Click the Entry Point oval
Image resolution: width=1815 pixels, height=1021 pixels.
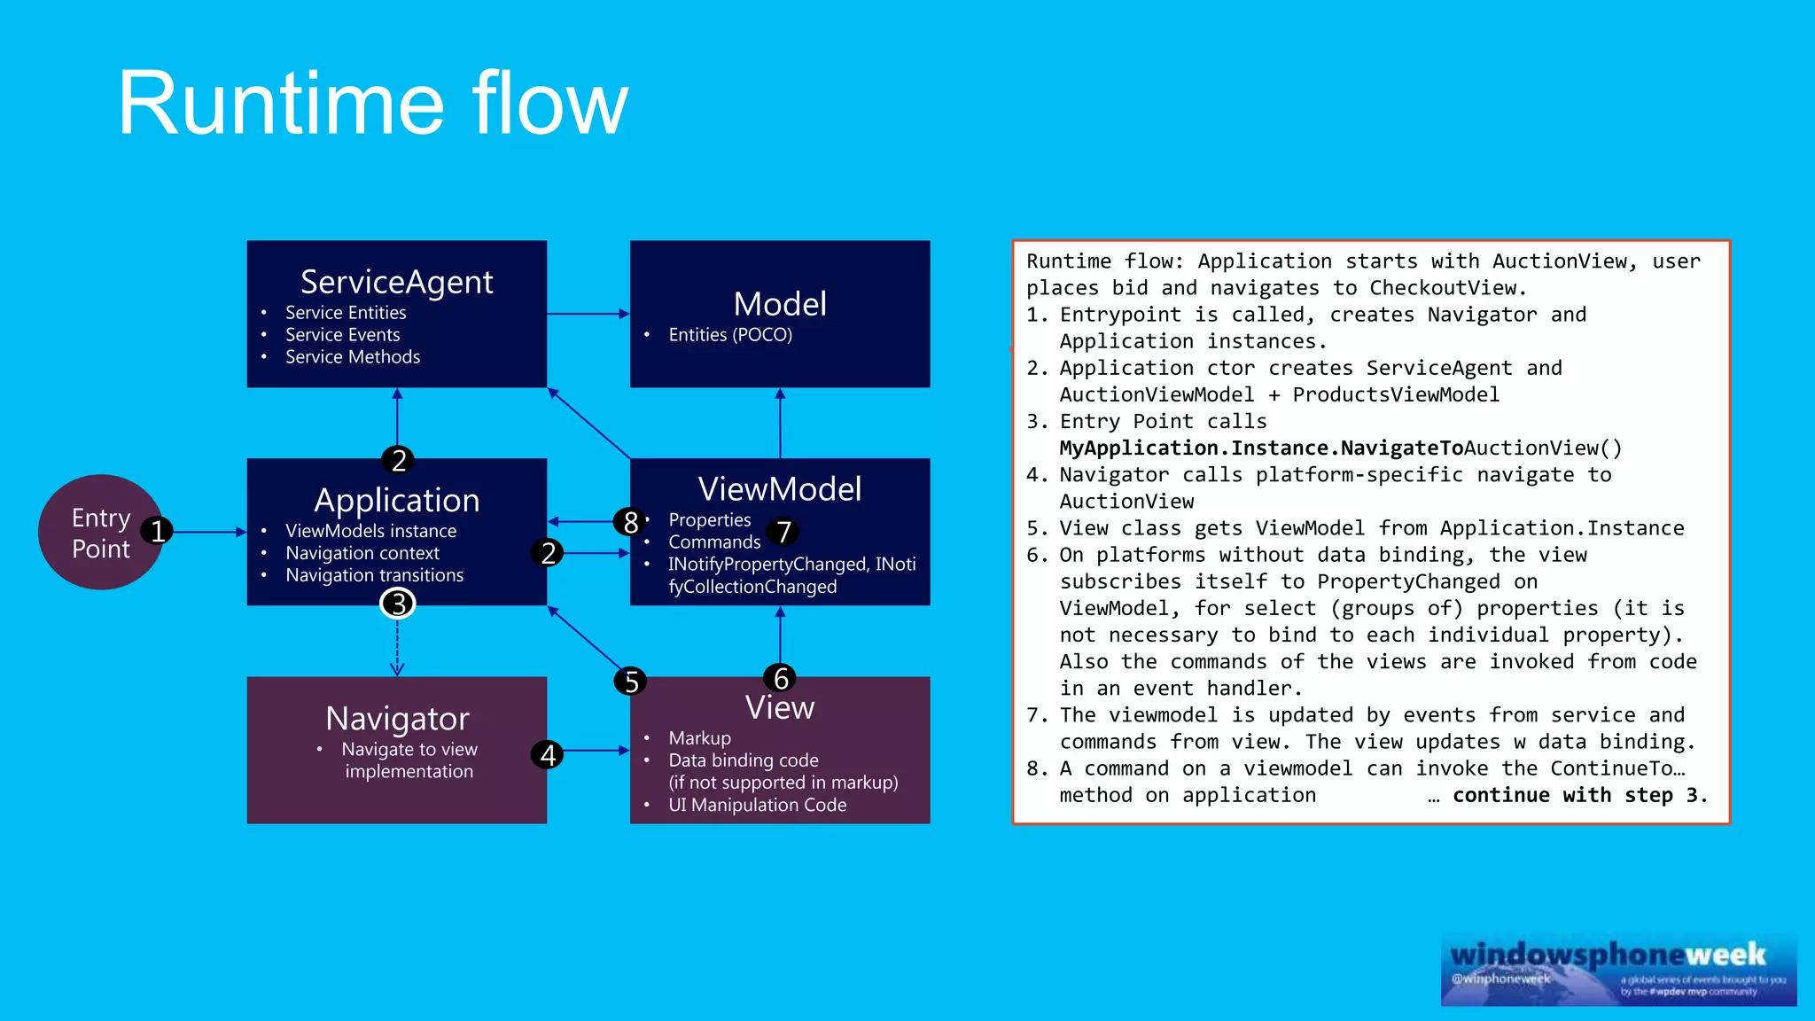(x=93, y=533)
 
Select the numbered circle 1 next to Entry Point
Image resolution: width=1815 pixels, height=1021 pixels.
(x=158, y=531)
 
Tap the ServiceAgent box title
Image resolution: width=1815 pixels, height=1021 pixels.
(x=396, y=282)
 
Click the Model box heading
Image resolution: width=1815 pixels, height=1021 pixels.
(x=780, y=304)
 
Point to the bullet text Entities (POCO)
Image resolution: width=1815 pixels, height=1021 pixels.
(x=730, y=335)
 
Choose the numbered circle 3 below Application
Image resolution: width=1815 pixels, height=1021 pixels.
(x=398, y=604)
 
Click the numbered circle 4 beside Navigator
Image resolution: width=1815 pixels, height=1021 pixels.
(x=548, y=754)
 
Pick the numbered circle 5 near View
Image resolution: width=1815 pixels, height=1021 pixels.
(x=631, y=682)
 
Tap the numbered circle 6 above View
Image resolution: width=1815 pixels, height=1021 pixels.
(x=780, y=678)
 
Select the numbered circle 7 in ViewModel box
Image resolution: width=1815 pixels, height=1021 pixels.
(x=783, y=532)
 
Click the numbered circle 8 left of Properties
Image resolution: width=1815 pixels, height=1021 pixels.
(x=630, y=522)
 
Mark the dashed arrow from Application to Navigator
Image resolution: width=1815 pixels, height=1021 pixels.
(x=397, y=647)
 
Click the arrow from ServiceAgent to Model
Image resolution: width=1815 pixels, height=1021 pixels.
(x=588, y=314)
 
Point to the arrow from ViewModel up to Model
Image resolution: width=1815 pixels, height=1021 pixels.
(x=780, y=424)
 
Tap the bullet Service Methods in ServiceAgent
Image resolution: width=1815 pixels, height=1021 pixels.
(x=353, y=357)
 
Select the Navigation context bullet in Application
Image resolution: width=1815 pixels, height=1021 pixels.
(x=362, y=553)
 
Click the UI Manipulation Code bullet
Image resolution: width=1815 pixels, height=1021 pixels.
(x=757, y=805)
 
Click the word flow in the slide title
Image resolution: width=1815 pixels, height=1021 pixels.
(x=549, y=104)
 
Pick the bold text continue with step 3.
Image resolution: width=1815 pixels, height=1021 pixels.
(x=1579, y=795)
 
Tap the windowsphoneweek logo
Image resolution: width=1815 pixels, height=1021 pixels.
(x=1618, y=969)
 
